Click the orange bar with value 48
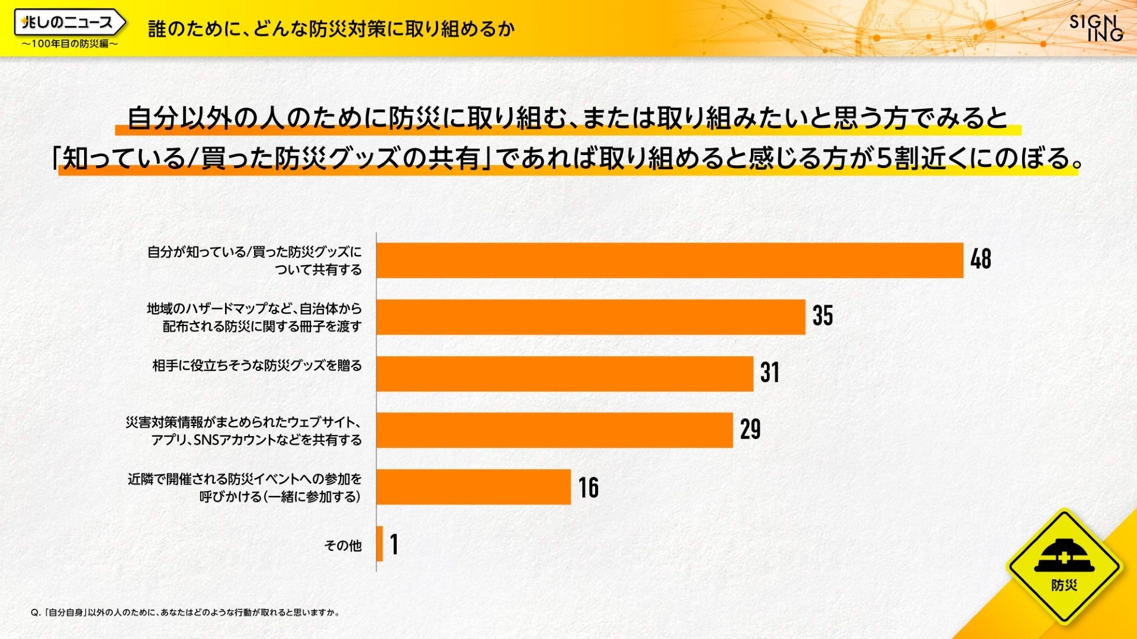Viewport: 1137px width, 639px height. coord(669,260)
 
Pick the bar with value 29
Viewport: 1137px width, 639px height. coord(554,430)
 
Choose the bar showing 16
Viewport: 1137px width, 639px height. coord(473,487)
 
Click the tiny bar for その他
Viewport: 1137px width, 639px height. coord(380,544)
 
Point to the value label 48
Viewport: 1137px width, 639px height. coord(981,259)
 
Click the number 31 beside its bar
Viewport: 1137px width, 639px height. coord(770,373)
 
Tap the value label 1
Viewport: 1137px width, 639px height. coord(394,544)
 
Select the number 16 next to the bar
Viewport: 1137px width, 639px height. coord(589,488)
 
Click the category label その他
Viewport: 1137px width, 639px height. coord(343,545)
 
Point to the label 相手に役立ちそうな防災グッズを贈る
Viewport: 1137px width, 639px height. coord(257,366)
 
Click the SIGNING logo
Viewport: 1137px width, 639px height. coord(1096,28)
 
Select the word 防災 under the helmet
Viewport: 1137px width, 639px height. coord(1064,586)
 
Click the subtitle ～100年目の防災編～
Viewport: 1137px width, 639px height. coord(70,44)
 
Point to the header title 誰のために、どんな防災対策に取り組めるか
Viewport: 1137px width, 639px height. coord(331,28)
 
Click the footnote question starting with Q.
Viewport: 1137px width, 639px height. coord(185,613)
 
